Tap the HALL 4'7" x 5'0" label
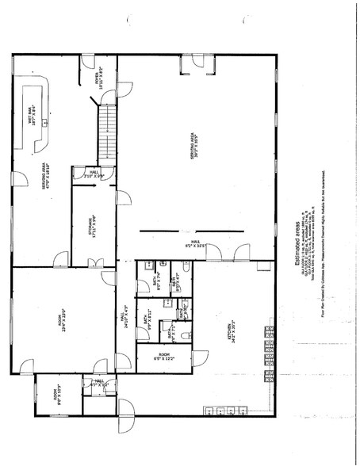click(x=101, y=385)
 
